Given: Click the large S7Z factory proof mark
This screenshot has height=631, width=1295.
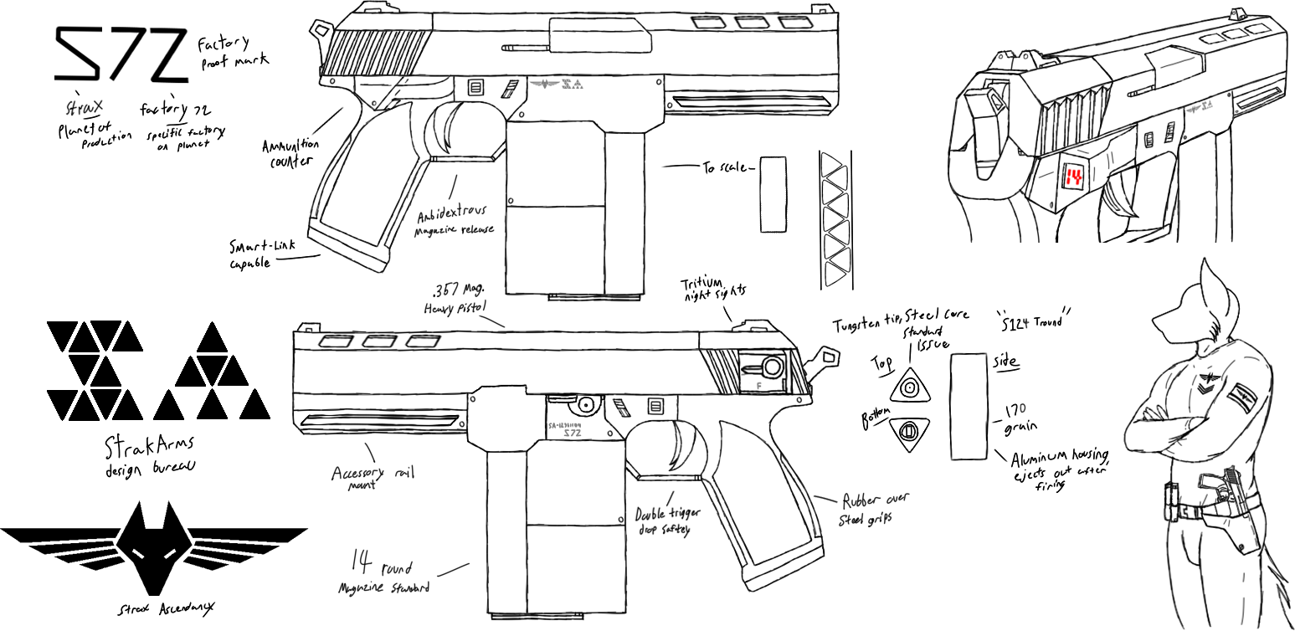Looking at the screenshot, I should click(x=119, y=54).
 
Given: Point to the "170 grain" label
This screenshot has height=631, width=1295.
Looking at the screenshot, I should click(x=1015, y=418).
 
